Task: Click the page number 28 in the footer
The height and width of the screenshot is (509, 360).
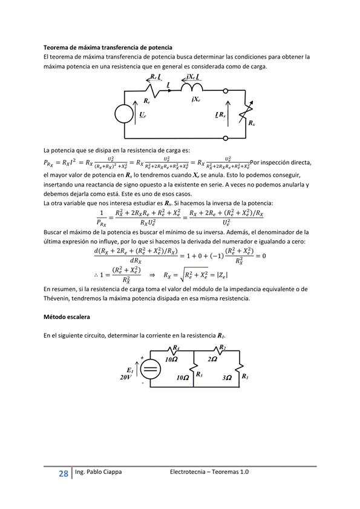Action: pos(63,474)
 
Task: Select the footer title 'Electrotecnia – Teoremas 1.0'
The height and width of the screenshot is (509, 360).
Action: pos(209,471)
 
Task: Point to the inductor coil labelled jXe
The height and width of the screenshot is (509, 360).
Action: pos(191,88)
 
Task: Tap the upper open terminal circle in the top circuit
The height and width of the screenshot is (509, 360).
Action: pos(226,91)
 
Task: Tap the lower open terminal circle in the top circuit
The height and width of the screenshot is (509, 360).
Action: pos(226,138)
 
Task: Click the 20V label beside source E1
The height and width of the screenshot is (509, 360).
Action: pos(125,376)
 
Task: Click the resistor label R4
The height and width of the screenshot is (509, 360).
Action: pos(176,347)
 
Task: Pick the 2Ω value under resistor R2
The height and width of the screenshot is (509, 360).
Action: pos(212,360)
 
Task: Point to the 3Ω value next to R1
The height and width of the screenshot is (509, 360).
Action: pos(227,377)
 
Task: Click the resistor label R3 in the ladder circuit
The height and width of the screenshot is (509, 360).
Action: pos(199,375)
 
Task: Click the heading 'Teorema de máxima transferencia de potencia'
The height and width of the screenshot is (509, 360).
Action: pos(108,47)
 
